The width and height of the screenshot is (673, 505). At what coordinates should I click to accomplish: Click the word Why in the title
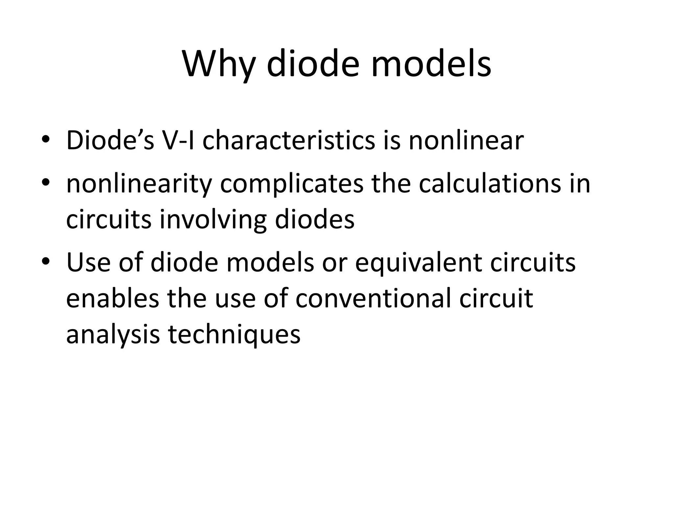pyautogui.click(x=219, y=64)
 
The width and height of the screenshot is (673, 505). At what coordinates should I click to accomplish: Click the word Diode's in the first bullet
pyautogui.click(x=110, y=140)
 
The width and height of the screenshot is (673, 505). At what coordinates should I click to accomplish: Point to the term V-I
pyautogui.click(x=178, y=140)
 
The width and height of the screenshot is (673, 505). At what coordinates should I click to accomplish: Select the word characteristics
pyautogui.click(x=289, y=140)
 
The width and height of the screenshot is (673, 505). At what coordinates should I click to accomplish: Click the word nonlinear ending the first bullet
pyautogui.click(x=466, y=140)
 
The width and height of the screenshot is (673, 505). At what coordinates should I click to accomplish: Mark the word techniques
pyautogui.click(x=234, y=335)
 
